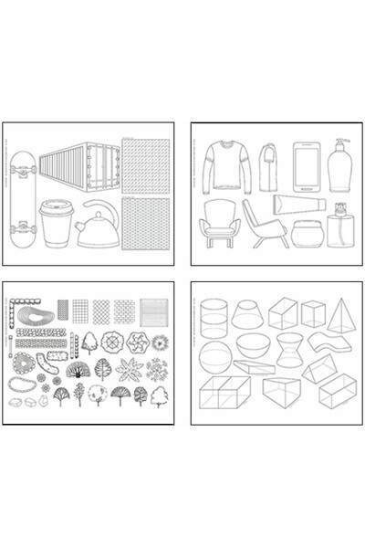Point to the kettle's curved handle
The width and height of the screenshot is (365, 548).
[99, 212]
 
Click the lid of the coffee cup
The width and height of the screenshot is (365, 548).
[55, 207]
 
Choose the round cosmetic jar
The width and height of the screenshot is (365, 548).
[307, 232]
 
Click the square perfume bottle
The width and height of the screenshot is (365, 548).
[341, 228]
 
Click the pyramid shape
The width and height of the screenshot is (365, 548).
[341, 316]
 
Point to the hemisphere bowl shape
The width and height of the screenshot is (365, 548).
[253, 345]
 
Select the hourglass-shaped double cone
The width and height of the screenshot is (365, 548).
[291, 349]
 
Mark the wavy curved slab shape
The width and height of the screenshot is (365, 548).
[327, 342]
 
